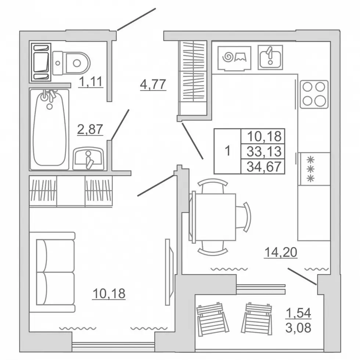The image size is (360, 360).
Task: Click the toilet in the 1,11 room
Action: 71,63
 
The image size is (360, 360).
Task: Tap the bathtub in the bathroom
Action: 49,130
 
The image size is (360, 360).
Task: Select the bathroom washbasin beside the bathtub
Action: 89,159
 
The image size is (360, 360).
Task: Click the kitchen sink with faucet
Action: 270,57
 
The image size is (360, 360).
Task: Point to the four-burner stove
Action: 314,94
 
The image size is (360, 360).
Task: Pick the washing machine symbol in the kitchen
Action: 234,58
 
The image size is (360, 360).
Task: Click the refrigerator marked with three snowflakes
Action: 314,169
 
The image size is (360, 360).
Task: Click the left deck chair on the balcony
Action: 213,320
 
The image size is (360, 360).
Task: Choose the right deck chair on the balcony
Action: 257,319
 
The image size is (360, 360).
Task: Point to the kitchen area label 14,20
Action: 281,252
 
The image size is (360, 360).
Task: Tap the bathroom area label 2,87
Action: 90,129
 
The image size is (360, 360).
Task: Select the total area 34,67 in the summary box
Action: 264,166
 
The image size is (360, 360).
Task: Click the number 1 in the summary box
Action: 227,151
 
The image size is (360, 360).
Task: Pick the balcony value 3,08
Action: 298,328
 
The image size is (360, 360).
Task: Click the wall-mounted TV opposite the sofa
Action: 169,272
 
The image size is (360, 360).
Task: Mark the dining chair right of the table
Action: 244,217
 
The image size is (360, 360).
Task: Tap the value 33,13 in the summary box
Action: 264,151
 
